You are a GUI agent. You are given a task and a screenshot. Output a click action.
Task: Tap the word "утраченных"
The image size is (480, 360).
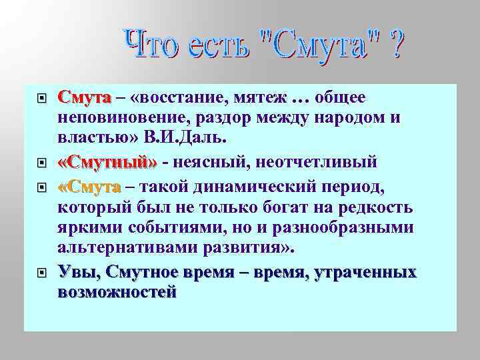point(371,272)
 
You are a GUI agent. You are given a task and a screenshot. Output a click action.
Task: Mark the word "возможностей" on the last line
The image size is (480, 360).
point(117,292)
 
